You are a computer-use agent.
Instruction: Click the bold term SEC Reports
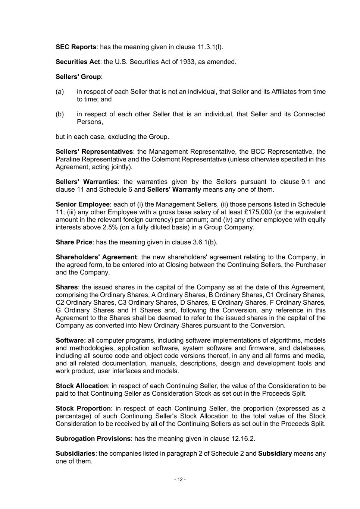[76, 47]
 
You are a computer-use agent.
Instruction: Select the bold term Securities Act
[78, 62]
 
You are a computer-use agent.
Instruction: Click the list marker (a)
[60, 92]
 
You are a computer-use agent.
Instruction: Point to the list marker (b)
[60, 114]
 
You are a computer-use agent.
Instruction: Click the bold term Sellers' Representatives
[94, 152]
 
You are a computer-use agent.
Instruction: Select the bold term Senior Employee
[82, 204]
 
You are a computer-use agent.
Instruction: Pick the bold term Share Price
[73, 242]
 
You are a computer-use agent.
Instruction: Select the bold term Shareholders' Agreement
[96, 257]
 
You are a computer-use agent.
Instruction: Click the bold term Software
[71, 340]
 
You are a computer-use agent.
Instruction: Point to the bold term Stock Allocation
[82, 386]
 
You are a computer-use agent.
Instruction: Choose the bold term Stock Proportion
[83, 409]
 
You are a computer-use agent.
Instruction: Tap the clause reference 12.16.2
[242, 439]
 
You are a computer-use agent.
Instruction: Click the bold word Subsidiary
[275, 454]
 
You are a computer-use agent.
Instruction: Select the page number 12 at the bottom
[180, 480]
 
